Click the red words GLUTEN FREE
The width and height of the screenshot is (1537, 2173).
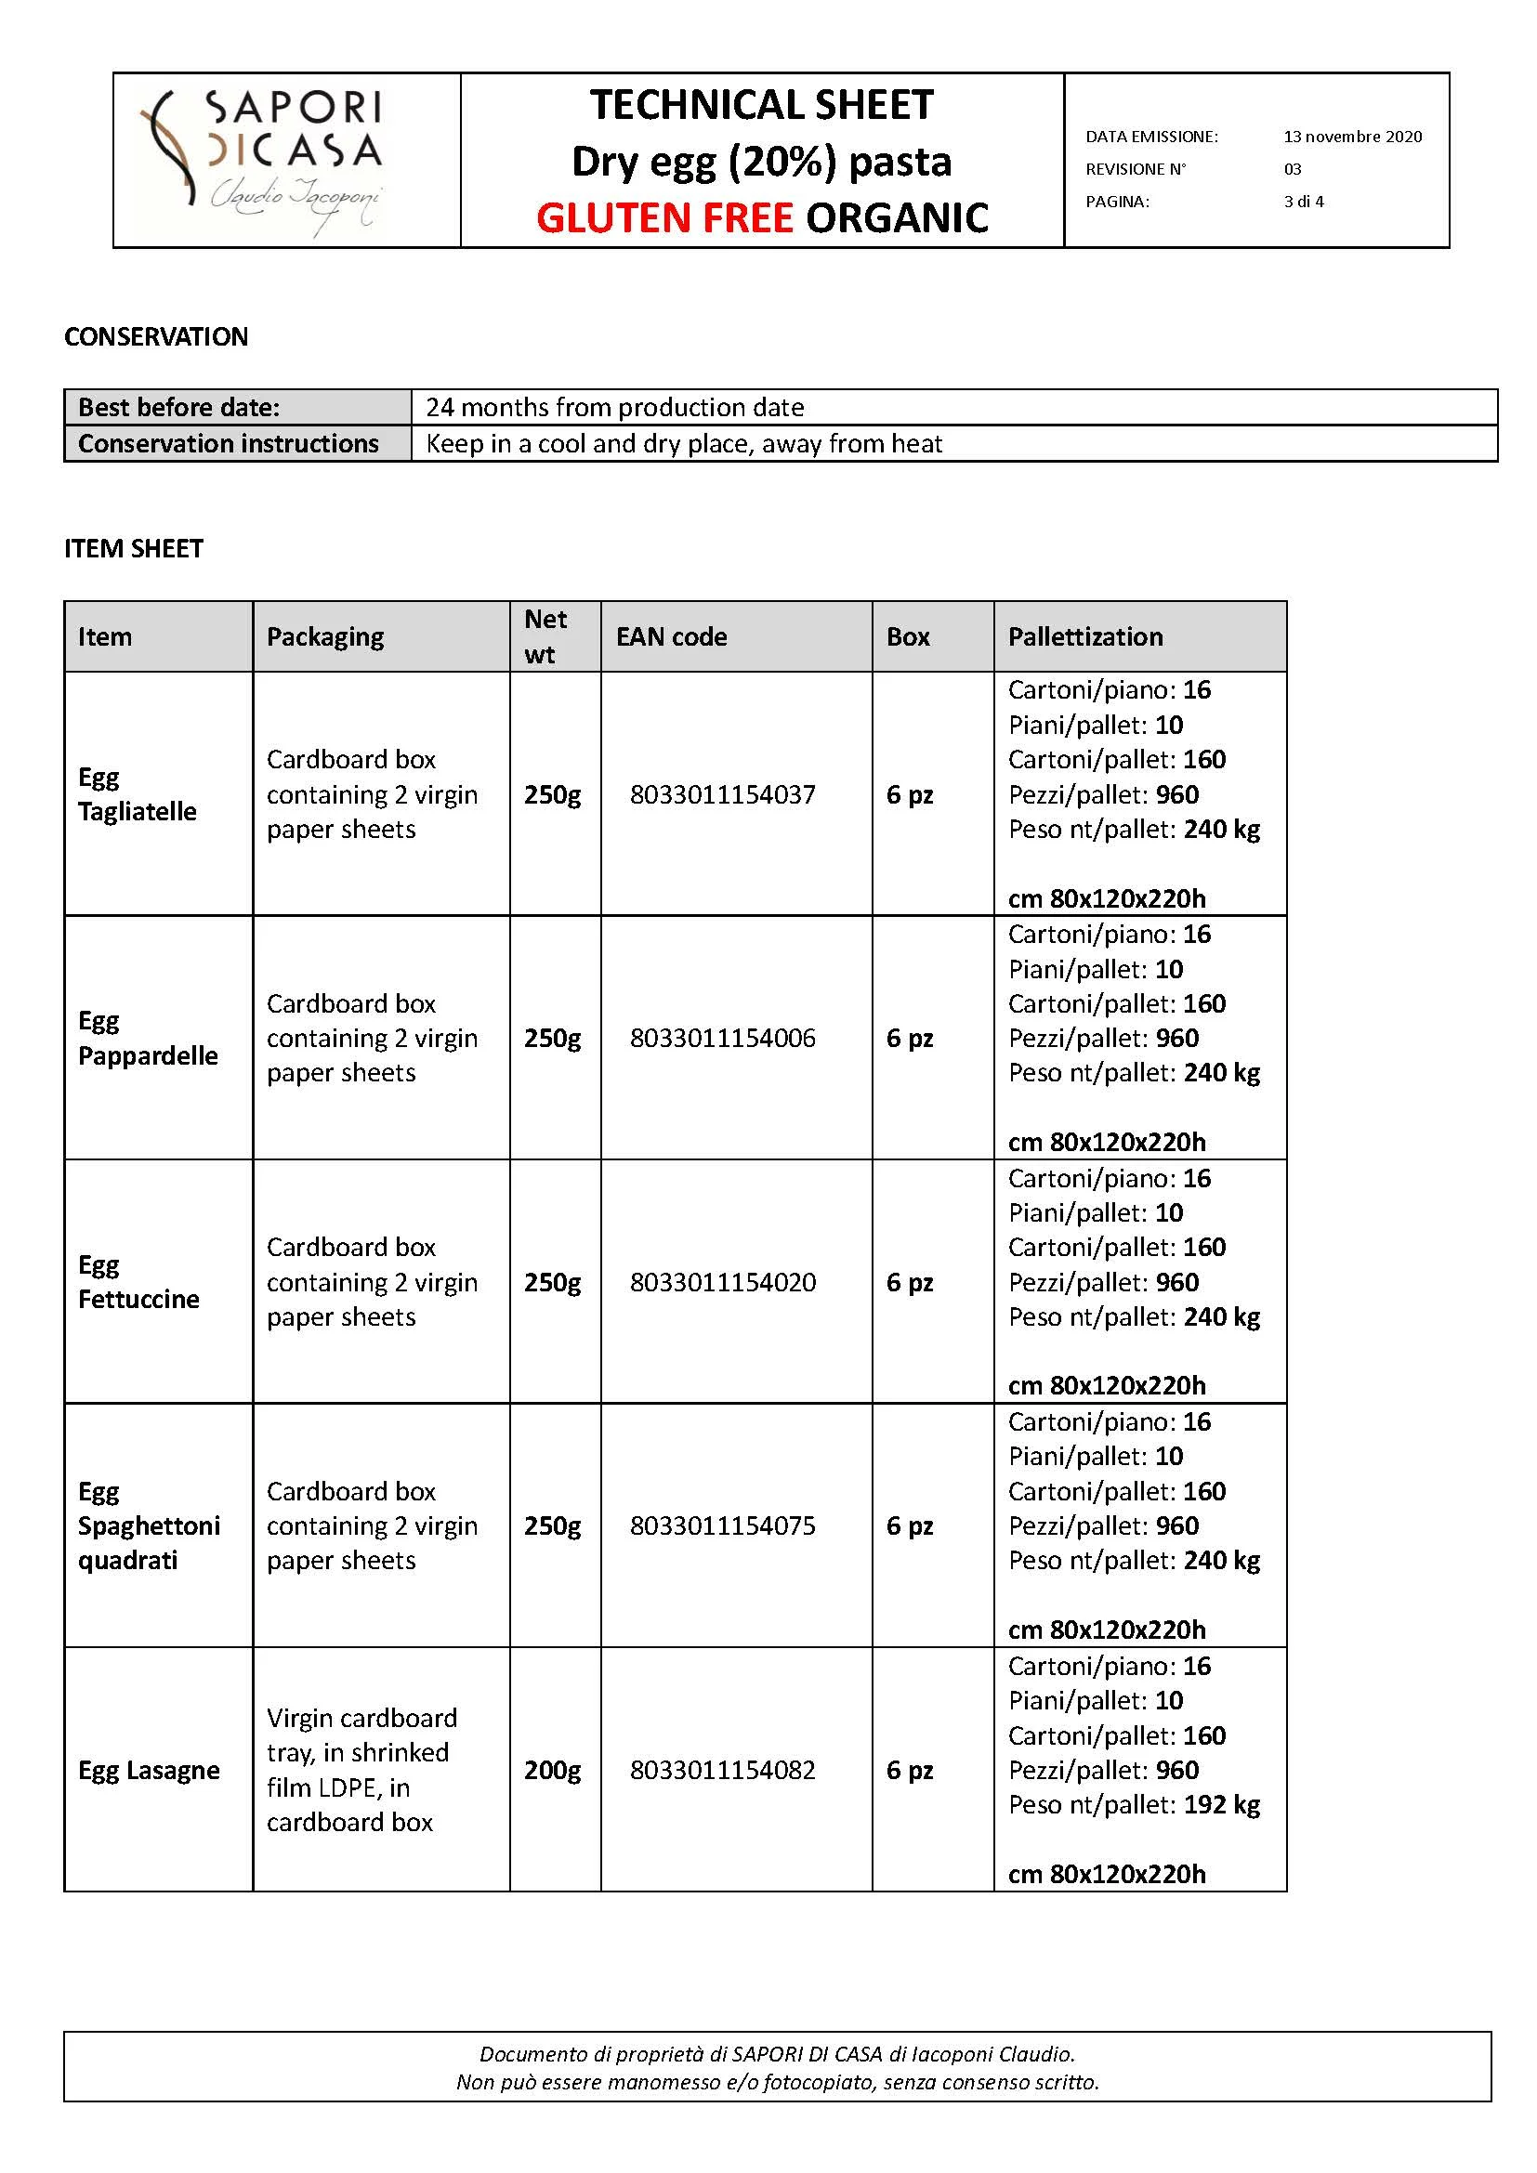point(663,218)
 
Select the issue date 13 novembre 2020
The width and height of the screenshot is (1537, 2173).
point(1351,137)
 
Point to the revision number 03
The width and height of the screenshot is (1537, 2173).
point(1292,169)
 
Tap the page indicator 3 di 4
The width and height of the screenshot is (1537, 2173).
point(1303,202)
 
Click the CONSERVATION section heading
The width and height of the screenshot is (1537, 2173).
point(156,337)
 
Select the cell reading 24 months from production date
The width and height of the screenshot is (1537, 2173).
point(614,408)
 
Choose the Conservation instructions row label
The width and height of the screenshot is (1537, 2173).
point(228,444)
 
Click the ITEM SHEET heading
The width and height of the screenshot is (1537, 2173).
point(134,549)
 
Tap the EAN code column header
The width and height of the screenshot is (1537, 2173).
point(671,637)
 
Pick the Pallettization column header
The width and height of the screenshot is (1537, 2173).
point(1084,637)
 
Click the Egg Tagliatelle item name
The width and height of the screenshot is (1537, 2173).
point(138,794)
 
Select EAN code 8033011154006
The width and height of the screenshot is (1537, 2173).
point(722,1039)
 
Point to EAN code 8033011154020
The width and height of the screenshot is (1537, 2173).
point(722,1282)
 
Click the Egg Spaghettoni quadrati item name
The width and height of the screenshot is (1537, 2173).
point(149,1525)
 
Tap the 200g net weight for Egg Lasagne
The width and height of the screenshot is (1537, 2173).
point(553,1770)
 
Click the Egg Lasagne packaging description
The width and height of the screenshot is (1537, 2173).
point(361,1770)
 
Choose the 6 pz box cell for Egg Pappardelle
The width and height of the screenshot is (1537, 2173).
point(910,1039)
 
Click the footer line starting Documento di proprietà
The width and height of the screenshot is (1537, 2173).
point(776,2055)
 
